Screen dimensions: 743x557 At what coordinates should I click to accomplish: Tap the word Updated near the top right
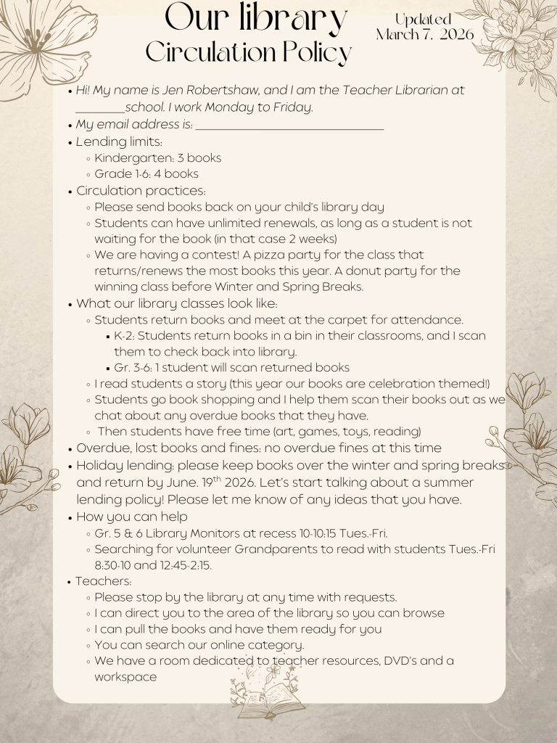point(423,20)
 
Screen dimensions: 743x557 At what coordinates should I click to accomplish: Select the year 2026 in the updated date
point(455,34)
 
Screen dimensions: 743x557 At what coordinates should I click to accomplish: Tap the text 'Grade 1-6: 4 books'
point(147,174)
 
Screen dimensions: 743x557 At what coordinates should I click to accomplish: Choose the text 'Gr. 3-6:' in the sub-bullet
point(137,368)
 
